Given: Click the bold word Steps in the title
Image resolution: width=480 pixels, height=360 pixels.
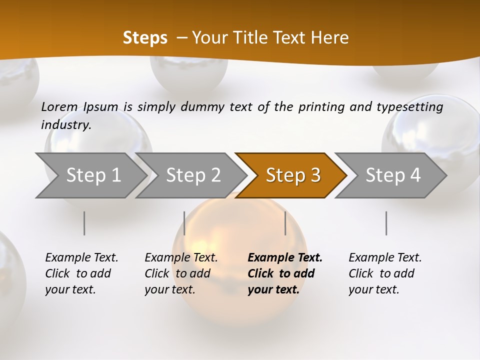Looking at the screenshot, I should click(145, 38).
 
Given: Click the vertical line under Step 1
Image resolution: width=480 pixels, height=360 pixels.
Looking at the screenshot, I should click(84, 223).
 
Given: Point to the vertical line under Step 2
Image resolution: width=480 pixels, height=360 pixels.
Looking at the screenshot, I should click(184, 223).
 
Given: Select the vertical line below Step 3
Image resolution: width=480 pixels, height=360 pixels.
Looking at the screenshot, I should click(285, 223).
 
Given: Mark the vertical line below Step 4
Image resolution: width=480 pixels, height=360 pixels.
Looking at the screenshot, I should click(386, 223).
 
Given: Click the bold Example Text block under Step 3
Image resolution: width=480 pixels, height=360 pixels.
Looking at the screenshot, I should click(285, 273).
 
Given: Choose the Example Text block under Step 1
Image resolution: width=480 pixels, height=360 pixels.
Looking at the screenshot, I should click(81, 273).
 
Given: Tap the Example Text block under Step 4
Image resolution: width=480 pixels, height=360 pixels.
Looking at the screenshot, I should click(385, 273).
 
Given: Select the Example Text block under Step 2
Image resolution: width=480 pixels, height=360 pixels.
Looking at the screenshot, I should click(181, 273).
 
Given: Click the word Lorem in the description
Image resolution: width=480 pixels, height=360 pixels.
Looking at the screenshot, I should click(59, 106).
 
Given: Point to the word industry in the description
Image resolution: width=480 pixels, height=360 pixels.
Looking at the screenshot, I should click(66, 125).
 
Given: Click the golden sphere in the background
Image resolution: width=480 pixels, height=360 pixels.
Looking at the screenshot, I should click(235, 235).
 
